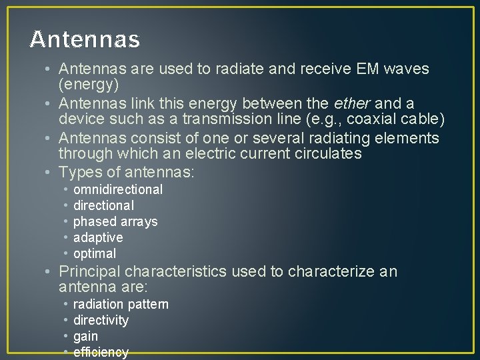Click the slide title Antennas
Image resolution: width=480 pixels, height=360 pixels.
85,40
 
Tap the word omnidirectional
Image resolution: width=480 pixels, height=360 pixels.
118,189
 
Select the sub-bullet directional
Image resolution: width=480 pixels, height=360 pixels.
103,205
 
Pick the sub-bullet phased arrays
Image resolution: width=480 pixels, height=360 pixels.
115,221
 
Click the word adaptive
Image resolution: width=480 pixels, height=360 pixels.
98,237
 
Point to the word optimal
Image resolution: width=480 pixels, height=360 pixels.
95,253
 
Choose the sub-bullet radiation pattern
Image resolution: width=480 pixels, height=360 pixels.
121,304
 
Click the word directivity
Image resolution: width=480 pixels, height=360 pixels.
101,320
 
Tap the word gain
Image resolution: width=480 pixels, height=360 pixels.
85,336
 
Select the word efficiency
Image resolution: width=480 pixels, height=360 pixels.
101,351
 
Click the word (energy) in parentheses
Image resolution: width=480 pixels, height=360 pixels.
89,85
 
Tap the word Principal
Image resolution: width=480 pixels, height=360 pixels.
90,271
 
